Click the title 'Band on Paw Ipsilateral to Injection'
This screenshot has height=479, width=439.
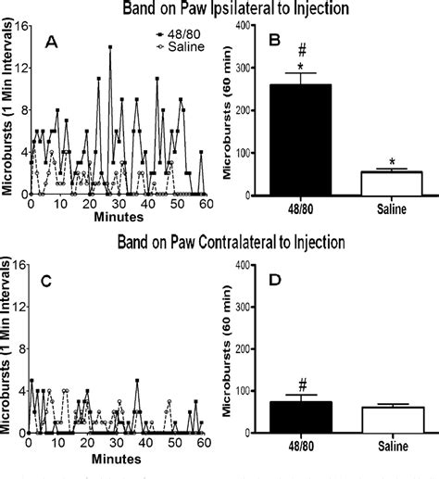click(219, 10)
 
